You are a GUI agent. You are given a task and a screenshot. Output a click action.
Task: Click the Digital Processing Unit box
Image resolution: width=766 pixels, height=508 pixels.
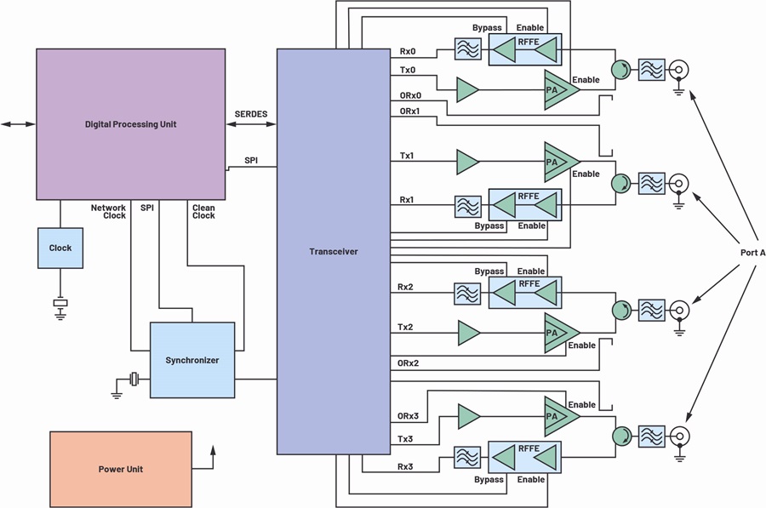click(x=131, y=124)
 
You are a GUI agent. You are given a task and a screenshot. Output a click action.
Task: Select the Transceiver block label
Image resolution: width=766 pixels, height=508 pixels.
click(x=334, y=252)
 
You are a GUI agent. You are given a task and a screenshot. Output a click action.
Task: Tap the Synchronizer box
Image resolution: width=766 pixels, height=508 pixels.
click(x=192, y=360)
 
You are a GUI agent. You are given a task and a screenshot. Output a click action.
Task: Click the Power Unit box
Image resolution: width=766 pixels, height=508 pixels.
click(x=121, y=469)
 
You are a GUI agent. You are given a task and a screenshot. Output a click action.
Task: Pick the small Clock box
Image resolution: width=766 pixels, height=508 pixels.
click(x=60, y=248)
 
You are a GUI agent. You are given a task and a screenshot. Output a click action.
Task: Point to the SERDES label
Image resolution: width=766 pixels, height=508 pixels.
click(x=251, y=114)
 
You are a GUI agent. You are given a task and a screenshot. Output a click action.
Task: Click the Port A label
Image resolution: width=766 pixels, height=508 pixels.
click(x=753, y=253)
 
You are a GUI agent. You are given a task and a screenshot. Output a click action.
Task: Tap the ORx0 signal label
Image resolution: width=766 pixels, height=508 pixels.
click(x=410, y=96)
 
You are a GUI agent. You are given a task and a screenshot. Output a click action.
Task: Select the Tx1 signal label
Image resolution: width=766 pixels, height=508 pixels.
click(x=407, y=156)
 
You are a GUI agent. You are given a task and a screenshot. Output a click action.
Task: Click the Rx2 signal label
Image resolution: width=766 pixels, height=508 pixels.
click(x=405, y=287)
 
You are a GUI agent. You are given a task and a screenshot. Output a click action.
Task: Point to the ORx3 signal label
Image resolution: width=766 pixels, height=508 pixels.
click(x=408, y=416)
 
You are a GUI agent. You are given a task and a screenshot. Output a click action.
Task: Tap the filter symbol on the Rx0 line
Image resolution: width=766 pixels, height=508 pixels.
click(x=467, y=49)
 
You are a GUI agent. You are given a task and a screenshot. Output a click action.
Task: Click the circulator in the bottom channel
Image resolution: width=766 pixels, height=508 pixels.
click(x=621, y=436)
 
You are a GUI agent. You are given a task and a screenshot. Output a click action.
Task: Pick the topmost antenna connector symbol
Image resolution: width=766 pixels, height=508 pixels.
click(x=678, y=70)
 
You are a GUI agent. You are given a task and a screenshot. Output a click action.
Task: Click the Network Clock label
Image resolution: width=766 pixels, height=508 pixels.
click(x=108, y=212)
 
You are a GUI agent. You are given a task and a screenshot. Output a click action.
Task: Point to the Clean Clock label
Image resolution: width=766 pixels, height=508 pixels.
click(x=203, y=212)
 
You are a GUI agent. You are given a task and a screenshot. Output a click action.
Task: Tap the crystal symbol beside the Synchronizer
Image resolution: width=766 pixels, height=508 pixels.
click(x=134, y=379)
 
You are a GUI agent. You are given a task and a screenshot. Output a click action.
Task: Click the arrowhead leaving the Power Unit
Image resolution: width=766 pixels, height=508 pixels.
click(x=213, y=449)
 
